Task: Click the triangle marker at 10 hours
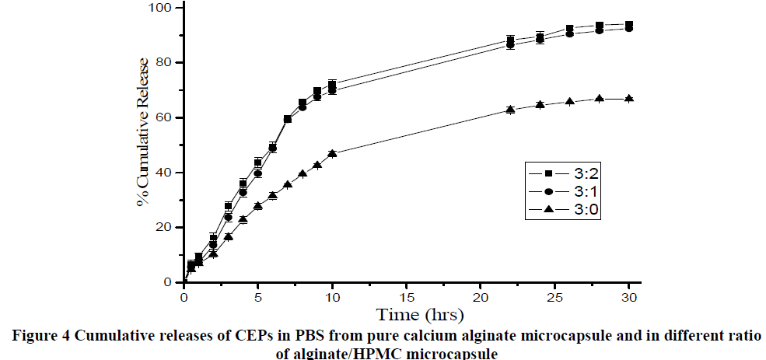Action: tap(332, 154)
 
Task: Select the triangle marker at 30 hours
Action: tap(629, 99)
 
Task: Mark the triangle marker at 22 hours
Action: tap(510, 110)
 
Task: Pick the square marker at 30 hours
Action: tap(629, 25)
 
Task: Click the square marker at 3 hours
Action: tap(228, 206)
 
